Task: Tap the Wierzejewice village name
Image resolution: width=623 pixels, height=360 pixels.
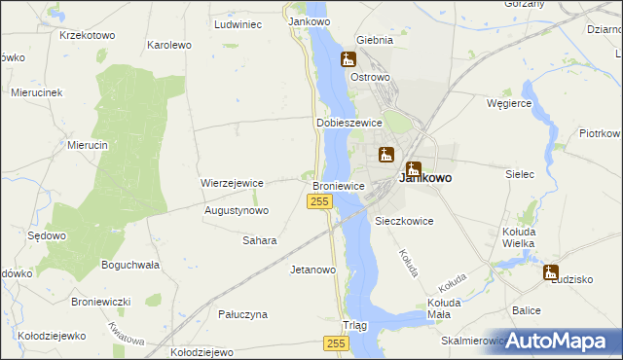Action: point(233,182)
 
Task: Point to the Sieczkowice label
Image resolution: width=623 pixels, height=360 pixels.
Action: point(404,221)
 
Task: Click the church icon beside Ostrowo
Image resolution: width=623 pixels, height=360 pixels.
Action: point(348,60)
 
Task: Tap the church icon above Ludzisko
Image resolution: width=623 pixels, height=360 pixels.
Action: point(551,273)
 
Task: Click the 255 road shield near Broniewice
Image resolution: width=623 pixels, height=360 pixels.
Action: point(320,200)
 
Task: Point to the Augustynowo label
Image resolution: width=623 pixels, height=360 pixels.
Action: point(237,210)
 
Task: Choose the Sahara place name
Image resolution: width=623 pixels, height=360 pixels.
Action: point(260,240)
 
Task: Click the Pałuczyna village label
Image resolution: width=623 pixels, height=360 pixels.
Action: point(242,314)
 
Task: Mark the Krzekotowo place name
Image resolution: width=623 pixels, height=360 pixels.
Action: point(87,35)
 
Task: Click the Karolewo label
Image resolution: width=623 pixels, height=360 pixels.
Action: point(167,45)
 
